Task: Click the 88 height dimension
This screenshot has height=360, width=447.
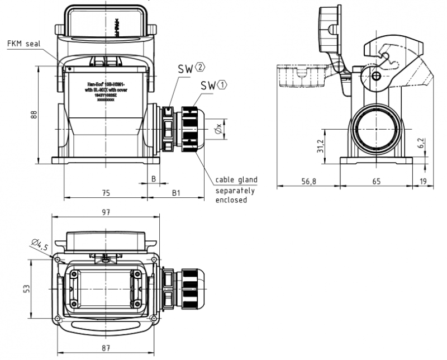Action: point(34,115)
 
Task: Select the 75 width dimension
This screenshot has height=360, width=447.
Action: point(106,192)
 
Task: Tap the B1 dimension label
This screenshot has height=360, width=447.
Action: point(175,192)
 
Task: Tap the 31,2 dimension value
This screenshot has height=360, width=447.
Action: point(320,146)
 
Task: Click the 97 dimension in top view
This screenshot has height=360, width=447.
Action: point(105,212)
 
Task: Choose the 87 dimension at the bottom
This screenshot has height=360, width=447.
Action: point(105,348)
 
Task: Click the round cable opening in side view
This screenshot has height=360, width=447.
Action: point(377,129)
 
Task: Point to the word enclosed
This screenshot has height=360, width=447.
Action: point(231,200)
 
